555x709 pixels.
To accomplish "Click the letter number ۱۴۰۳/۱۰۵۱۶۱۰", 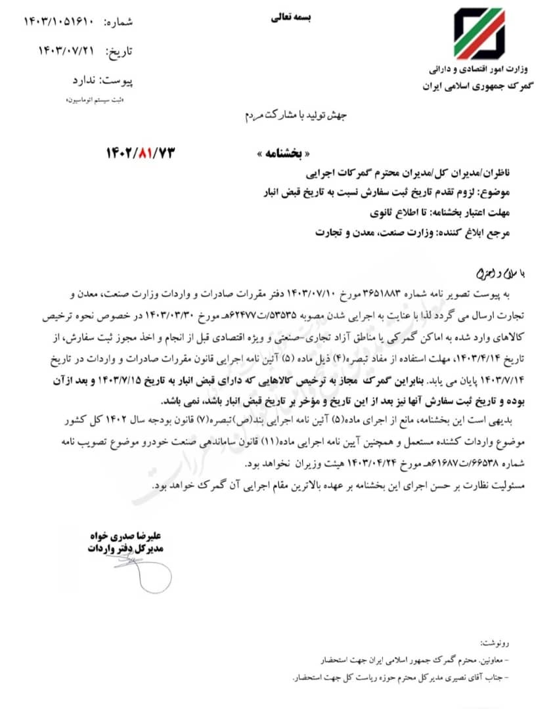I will pos(60,22).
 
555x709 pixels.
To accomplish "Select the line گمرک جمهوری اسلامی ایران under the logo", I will pos(477,86).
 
